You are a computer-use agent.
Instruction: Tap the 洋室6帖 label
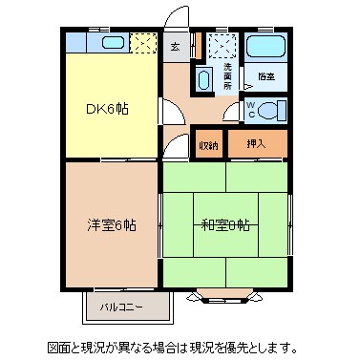(113, 225)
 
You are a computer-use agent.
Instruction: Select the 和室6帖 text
(225, 225)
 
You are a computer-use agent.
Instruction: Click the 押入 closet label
(256, 144)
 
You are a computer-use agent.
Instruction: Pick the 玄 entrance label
(175, 46)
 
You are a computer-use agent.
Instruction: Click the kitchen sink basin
(111, 43)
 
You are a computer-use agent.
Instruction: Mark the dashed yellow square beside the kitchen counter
(143, 43)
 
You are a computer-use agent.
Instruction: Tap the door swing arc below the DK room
(174, 146)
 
